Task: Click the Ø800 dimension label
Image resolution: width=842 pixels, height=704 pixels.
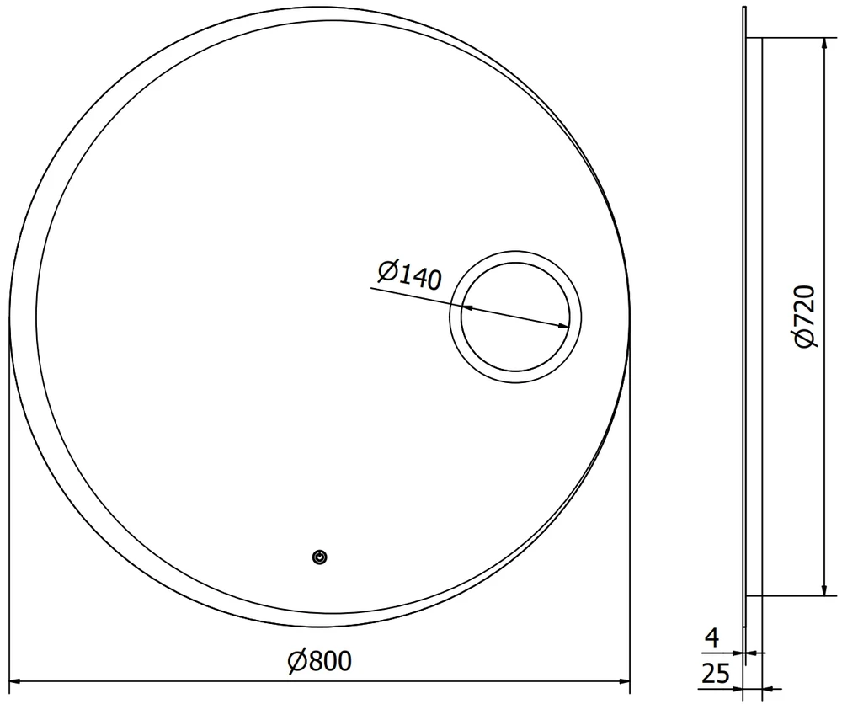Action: click(x=319, y=661)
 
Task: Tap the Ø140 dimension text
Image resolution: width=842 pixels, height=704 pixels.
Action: click(x=410, y=275)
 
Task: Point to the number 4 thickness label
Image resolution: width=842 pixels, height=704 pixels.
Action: click(x=711, y=638)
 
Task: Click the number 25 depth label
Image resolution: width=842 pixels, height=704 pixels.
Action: click(x=717, y=674)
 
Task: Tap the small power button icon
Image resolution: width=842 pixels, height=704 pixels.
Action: click(x=320, y=557)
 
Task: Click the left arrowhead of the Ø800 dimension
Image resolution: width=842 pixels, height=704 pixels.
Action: click(x=15, y=681)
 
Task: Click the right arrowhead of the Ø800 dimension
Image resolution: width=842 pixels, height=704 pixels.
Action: click(x=625, y=681)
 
